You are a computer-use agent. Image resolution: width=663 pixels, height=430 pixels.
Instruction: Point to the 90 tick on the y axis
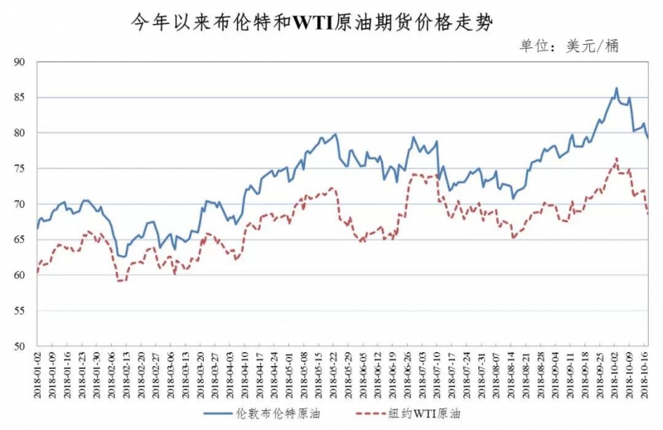click(x=21, y=62)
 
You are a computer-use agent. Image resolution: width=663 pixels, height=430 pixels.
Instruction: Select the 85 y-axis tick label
click(x=21, y=98)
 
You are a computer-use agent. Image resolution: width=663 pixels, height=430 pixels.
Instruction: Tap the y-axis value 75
click(x=21, y=169)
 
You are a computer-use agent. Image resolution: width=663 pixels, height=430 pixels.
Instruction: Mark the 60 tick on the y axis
click(x=21, y=275)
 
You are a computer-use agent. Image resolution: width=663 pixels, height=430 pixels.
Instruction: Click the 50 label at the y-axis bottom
click(x=21, y=346)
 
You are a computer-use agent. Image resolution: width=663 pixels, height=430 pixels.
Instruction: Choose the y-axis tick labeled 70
click(x=21, y=205)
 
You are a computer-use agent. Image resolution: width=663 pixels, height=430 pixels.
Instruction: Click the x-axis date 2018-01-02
click(x=38, y=373)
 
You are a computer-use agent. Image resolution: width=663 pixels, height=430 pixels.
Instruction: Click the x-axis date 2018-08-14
click(x=511, y=373)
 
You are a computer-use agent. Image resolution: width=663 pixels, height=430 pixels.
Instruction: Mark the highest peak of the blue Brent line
click(x=617, y=88)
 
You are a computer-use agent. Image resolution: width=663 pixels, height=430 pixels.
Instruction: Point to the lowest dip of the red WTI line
click(x=120, y=281)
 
